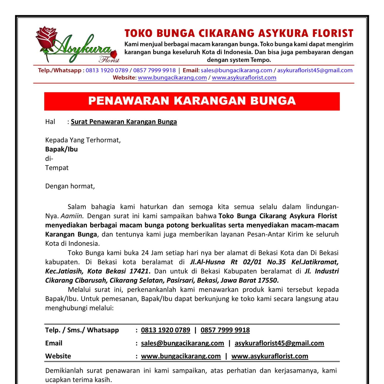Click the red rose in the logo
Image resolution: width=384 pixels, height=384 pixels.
pos(46,37)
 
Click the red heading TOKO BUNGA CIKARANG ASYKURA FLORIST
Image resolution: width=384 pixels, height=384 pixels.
pos(239,33)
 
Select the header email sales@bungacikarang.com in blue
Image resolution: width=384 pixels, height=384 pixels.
pos(236,70)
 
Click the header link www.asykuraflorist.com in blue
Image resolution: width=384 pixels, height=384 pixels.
pos(244,78)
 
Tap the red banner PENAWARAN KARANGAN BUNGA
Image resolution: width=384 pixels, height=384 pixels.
pos(192,101)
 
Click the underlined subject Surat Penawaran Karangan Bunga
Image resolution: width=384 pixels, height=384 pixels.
pos(124,122)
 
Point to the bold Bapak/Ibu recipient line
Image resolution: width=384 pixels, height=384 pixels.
pos(61,149)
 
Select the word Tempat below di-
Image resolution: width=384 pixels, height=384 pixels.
pos(57,168)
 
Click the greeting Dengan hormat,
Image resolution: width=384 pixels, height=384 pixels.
pos(70,186)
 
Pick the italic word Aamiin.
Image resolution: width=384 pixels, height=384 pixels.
pos(72,216)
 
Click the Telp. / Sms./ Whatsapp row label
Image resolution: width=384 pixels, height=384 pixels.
pos(82,330)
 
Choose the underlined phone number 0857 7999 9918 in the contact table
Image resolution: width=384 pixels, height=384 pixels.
pos(225,330)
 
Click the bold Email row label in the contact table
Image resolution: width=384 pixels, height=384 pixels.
pos(54,343)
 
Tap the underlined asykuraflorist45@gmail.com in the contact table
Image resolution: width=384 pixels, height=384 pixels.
pos(279,343)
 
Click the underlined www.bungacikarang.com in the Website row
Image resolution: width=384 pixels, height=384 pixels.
pos(181,356)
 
